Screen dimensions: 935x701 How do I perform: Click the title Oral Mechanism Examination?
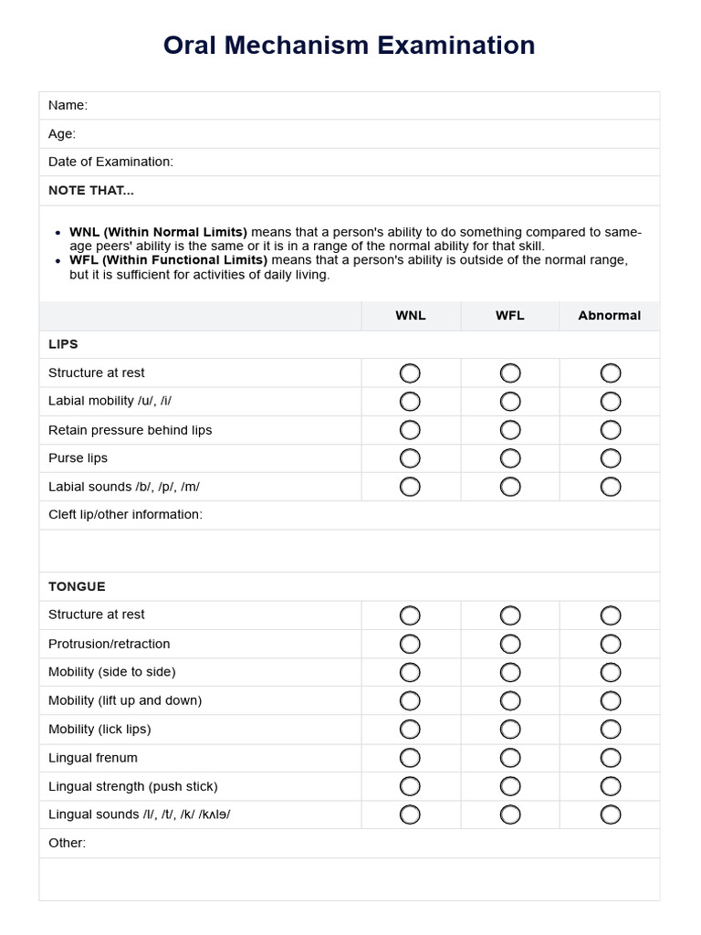point(349,46)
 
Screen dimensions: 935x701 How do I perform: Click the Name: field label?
point(68,105)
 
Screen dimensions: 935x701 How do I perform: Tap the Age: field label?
point(62,133)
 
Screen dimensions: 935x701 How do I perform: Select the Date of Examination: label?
point(110,162)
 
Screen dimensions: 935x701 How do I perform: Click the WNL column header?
point(410,315)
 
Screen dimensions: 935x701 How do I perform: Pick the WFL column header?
point(509,315)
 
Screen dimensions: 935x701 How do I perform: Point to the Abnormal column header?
point(609,315)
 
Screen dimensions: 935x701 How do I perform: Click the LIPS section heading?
point(63,344)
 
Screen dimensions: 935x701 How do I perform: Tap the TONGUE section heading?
point(77,586)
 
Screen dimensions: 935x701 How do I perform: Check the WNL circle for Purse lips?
point(410,458)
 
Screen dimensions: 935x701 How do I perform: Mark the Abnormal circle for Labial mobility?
point(610,402)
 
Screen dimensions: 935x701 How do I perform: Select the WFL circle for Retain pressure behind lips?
point(510,430)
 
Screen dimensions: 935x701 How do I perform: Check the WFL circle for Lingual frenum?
point(510,758)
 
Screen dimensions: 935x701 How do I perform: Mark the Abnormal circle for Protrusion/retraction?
point(610,644)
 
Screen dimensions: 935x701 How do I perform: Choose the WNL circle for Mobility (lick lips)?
point(410,729)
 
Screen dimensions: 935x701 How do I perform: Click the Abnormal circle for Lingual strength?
point(610,786)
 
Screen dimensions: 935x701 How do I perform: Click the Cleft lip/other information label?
point(125,514)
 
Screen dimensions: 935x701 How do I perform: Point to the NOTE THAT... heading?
point(91,190)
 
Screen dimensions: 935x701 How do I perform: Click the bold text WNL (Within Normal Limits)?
point(158,232)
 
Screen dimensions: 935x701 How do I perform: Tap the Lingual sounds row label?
point(139,814)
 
